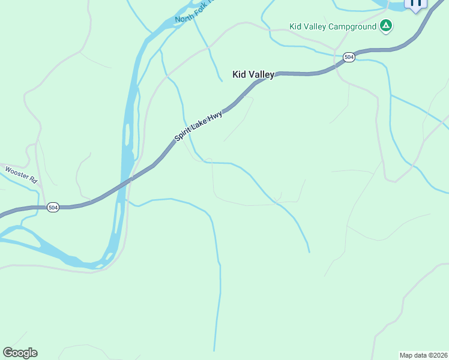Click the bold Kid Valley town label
(253, 74)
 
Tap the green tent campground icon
(386, 26)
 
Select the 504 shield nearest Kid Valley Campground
(349, 57)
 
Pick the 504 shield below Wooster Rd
(53, 207)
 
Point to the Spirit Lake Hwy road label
(199, 125)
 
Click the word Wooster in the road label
(17, 172)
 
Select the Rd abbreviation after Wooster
(33, 179)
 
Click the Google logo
(20, 353)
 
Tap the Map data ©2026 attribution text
(423, 355)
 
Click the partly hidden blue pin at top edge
(415, 4)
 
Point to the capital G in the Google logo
(8, 353)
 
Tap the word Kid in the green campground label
(295, 26)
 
